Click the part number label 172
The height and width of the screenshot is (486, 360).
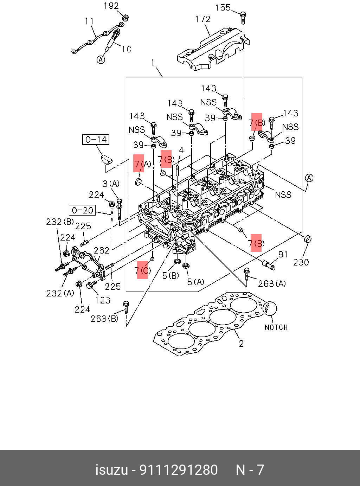[x=203, y=19]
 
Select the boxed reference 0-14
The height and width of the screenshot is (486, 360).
[x=96, y=140]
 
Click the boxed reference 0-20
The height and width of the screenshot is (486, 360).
[x=83, y=211]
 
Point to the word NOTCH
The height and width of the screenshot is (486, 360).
[x=276, y=327]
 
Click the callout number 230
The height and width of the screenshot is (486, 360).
[x=301, y=262]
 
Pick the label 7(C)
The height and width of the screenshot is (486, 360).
[x=143, y=270]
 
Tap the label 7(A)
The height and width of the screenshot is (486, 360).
[x=142, y=164]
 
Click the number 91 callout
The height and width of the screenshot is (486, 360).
[x=283, y=254]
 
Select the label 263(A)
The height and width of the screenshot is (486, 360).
[x=272, y=283]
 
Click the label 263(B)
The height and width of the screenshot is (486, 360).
[x=104, y=319]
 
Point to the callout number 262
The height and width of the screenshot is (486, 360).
[x=101, y=250]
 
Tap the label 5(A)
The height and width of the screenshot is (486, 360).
[x=195, y=282]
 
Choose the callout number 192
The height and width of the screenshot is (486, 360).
[x=111, y=6]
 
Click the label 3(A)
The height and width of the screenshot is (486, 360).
[x=111, y=184]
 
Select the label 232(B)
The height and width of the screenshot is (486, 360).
[x=60, y=222]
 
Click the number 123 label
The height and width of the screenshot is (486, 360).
[x=103, y=300]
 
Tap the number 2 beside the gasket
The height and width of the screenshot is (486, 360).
[x=241, y=343]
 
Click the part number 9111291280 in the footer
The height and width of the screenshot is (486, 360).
[x=179, y=470]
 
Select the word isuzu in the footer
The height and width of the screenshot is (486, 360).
[x=111, y=470]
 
